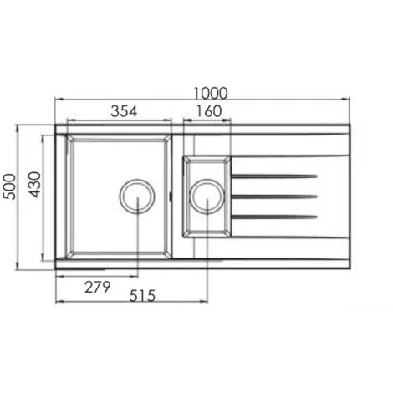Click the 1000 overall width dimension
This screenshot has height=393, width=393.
(211, 94)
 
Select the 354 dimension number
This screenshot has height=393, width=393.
(124, 111)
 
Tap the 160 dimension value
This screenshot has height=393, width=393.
(209, 111)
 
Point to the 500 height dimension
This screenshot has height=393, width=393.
(9, 186)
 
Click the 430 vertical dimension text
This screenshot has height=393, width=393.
(35, 185)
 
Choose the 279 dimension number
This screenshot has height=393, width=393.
(97, 287)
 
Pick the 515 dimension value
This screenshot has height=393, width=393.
(142, 296)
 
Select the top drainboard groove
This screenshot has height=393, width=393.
(274, 176)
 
